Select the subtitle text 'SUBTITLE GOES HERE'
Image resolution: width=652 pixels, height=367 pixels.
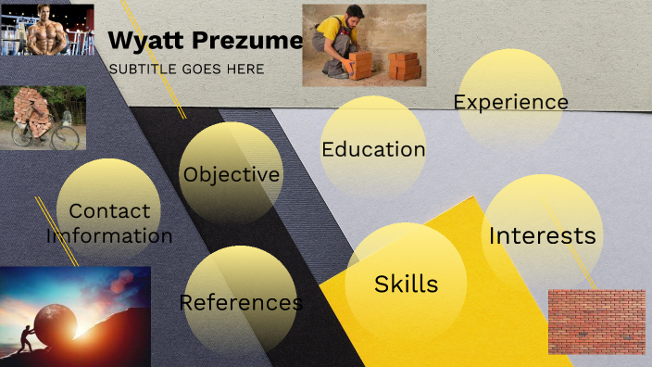coord(186,69)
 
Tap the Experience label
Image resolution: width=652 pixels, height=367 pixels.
coord(510,101)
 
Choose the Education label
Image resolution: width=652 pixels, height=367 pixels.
coord(373,149)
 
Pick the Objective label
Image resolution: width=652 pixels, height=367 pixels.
coord(231,174)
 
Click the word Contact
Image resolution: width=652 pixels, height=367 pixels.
coord(109,211)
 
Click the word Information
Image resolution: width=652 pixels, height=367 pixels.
coord(109,235)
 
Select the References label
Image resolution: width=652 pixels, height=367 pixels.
coord(241,302)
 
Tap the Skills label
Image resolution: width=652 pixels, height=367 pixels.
coord(406,284)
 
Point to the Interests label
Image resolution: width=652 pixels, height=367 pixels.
coord(542,235)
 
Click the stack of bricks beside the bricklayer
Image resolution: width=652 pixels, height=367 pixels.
coord(404,65)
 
